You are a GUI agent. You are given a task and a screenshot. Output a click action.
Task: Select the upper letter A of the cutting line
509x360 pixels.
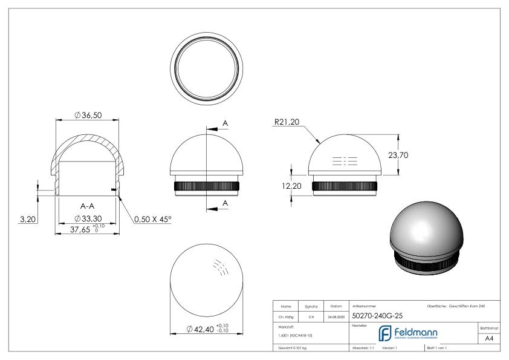pos(225,123)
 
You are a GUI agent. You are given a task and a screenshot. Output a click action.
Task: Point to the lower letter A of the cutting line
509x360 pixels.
pos(225,203)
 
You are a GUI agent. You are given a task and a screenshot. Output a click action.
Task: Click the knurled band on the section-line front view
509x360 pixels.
pos(206,186)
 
